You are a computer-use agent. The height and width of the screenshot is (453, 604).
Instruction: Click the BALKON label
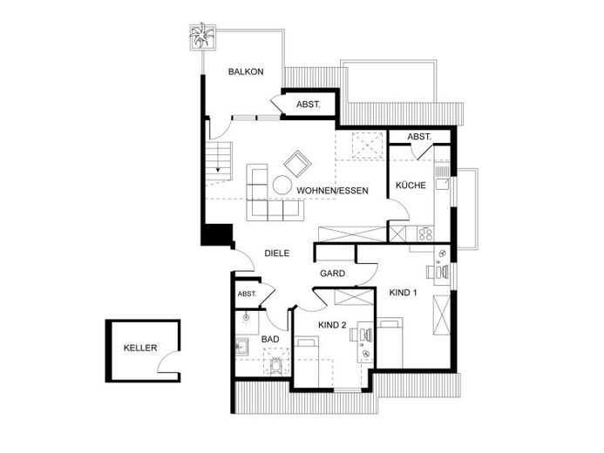pyautogui.click(x=246, y=71)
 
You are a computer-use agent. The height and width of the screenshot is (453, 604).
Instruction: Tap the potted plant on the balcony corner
pyautogui.click(x=202, y=37)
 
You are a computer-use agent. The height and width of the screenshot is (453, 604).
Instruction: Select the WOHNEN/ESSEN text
pyautogui.click(x=332, y=191)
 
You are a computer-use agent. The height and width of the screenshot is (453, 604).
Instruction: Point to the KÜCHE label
pyautogui.click(x=411, y=186)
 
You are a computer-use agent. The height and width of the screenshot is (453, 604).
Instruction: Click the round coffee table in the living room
pyautogui.click(x=282, y=186)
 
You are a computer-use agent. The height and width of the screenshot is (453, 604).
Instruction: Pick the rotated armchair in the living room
pyautogui.click(x=297, y=164)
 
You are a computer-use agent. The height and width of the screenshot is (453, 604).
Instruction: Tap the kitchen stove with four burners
pyautogui.click(x=425, y=233)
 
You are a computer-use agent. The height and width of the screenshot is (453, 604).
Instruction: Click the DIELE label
pyautogui.click(x=277, y=254)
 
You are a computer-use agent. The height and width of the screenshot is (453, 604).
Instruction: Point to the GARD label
pyautogui.click(x=332, y=274)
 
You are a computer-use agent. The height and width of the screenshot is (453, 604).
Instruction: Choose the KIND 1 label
pyautogui.click(x=403, y=293)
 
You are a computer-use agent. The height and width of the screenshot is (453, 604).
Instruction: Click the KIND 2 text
pyautogui.click(x=332, y=325)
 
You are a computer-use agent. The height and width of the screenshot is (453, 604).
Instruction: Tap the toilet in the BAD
pyautogui.click(x=276, y=366)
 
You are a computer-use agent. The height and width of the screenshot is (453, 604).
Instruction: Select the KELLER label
pyautogui.click(x=140, y=348)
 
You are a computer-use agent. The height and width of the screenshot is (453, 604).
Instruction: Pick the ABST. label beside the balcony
pyautogui.click(x=309, y=105)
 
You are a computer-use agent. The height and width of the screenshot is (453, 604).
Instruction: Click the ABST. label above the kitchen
pyautogui.click(x=419, y=137)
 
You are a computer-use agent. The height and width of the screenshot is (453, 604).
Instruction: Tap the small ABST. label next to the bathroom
pyautogui.click(x=247, y=294)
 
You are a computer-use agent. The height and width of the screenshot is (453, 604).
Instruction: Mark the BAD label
pyautogui.click(x=270, y=340)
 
